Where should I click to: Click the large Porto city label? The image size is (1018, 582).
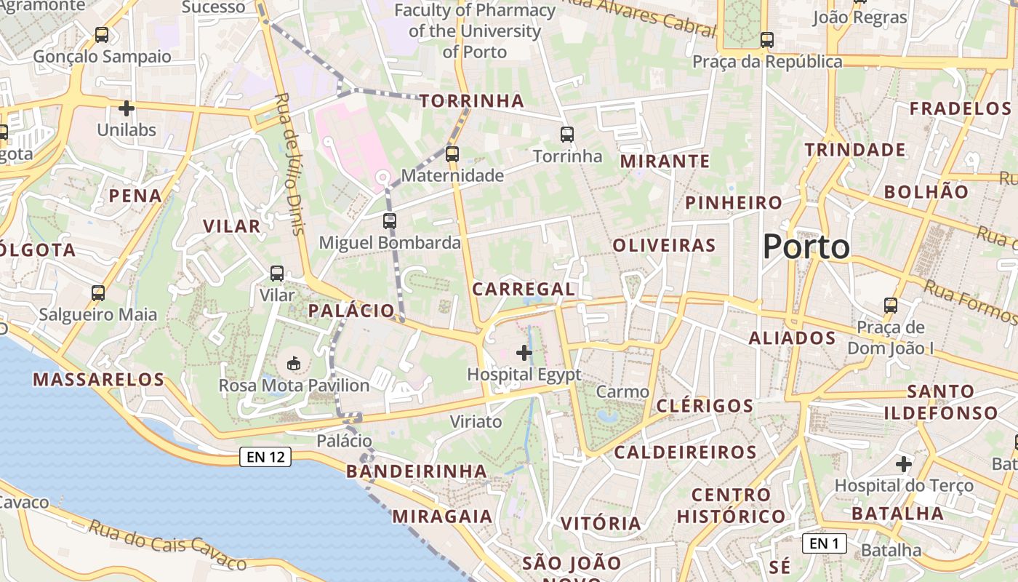806,247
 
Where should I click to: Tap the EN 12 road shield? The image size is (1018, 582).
265,457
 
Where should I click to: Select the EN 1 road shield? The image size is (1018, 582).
824,543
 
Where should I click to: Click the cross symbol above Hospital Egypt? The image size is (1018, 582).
524,354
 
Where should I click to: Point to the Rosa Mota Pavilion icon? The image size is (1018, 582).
294,362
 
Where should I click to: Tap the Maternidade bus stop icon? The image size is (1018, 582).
452,154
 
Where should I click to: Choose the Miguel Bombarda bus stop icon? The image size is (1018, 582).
390,221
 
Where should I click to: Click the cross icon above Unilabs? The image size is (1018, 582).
127,109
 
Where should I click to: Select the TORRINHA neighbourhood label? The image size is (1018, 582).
471,101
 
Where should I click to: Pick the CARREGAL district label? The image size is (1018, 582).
524,289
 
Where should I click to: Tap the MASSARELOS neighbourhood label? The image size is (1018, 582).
99,379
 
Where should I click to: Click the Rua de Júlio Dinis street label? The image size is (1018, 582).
289,164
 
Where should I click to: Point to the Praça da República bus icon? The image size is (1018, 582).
766,40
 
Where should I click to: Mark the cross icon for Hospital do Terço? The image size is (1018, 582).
903,463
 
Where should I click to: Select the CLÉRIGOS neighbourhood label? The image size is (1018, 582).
705,406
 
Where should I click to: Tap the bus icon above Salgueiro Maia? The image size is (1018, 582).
98,293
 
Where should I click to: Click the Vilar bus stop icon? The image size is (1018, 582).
277,274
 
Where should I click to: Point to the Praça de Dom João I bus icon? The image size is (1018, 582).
890,306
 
